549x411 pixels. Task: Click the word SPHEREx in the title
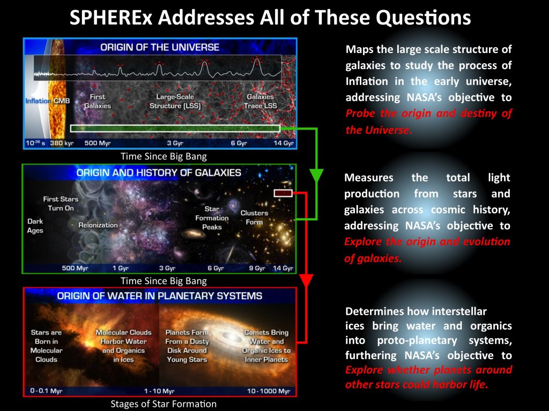coord(111,18)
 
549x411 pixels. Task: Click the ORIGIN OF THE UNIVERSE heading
coord(160,47)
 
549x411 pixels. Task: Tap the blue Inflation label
coord(38,101)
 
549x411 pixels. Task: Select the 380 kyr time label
coord(62,143)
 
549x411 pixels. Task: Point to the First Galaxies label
coord(98,101)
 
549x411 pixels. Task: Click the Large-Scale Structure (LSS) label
coord(175,101)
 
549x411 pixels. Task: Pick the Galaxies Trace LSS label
coord(260,101)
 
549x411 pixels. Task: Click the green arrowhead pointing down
coord(316,176)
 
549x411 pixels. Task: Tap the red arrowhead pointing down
coord(306,281)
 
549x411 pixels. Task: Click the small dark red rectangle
coord(283,193)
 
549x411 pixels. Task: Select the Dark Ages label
coord(35,226)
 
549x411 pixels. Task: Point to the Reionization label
coord(98,225)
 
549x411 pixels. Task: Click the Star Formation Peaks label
coord(212,218)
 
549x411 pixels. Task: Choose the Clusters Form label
coord(254,217)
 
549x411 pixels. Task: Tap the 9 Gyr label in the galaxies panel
coord(257,268)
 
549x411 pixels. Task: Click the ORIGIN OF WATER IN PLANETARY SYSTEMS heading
coord(160,296)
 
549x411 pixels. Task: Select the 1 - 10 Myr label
coord(159,391)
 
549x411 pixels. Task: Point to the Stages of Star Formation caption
coord(164,404)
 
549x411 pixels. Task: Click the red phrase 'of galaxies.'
coord(373,258)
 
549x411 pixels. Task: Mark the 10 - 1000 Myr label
coord(269,391)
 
